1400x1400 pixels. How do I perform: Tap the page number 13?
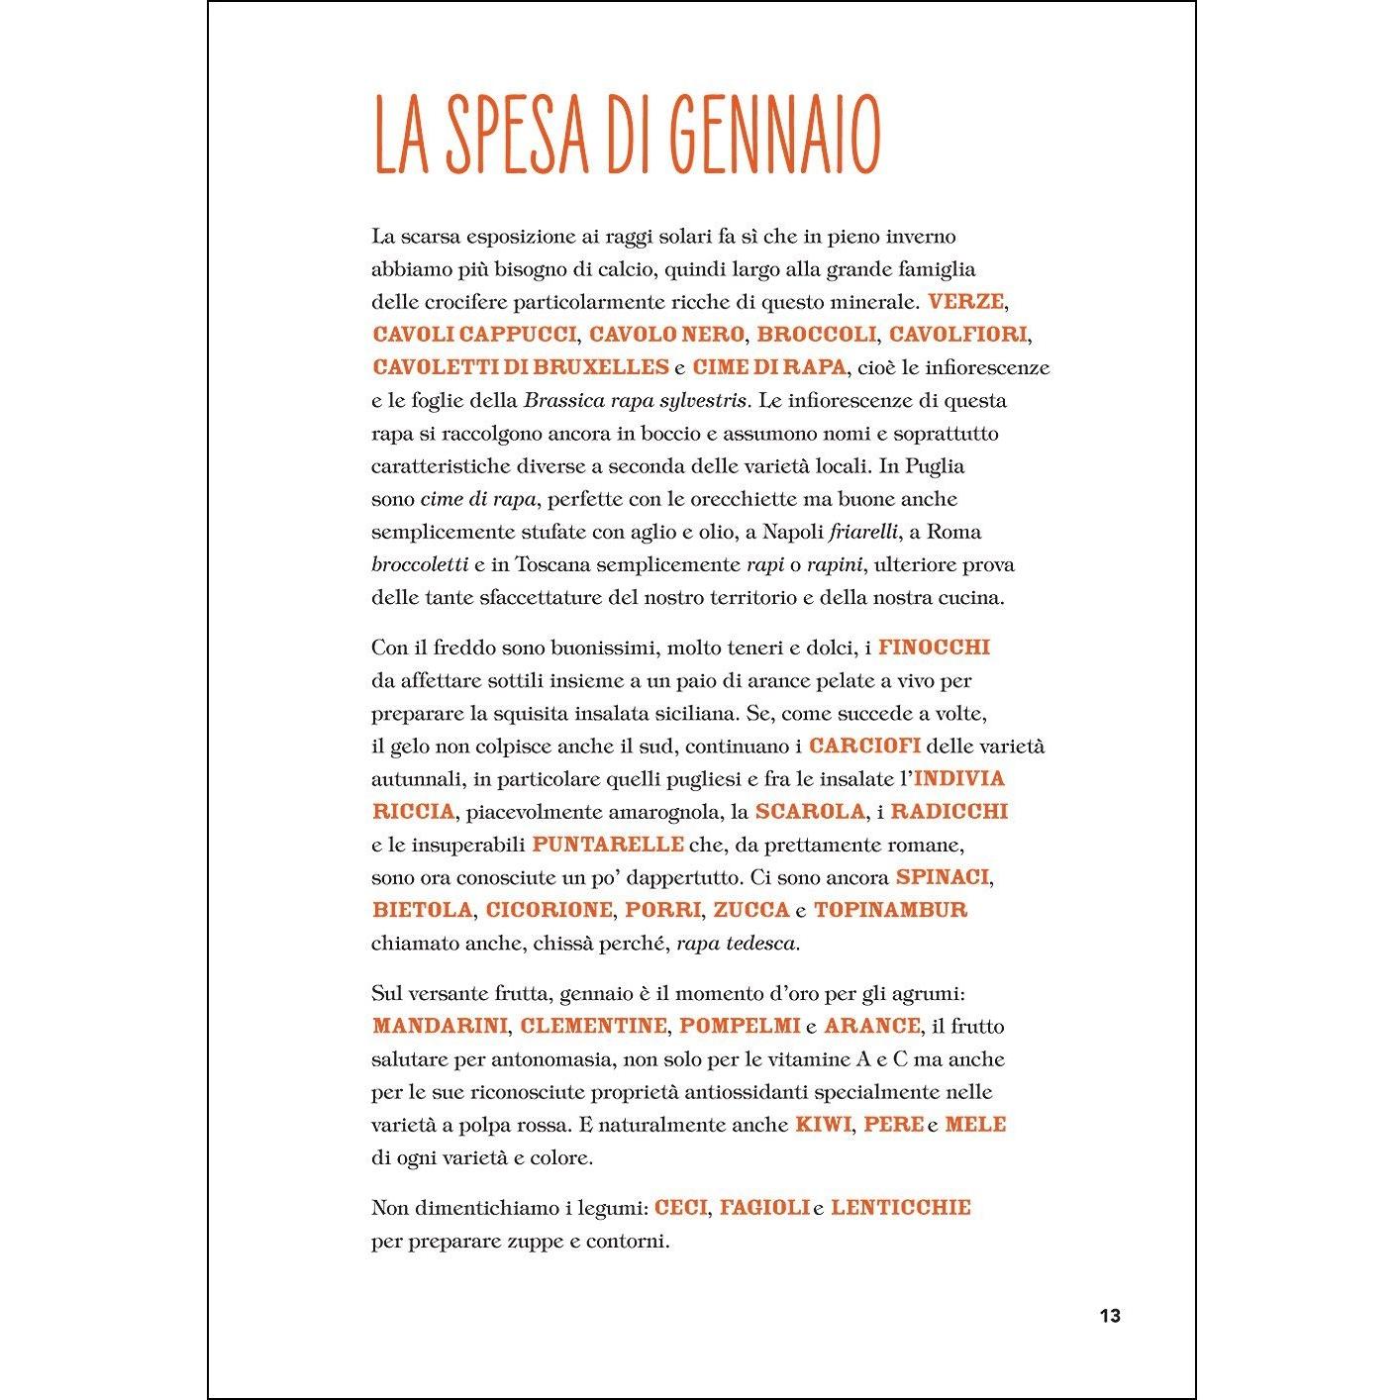1109,1316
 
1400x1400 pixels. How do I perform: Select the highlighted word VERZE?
966,301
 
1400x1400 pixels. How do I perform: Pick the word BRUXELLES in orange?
607,367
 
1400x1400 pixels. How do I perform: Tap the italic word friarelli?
863,532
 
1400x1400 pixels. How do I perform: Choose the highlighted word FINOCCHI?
934,648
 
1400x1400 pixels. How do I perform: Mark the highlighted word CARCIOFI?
864,746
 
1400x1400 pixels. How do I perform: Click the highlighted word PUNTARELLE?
608,844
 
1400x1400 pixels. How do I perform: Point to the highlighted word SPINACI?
942,877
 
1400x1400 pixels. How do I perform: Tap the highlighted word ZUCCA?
751,910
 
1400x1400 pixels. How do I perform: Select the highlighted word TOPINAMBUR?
890,910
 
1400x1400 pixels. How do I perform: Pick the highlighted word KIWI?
823,1125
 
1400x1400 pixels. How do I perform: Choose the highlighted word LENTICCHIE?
901,1207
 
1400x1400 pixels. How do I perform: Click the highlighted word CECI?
681,1207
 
